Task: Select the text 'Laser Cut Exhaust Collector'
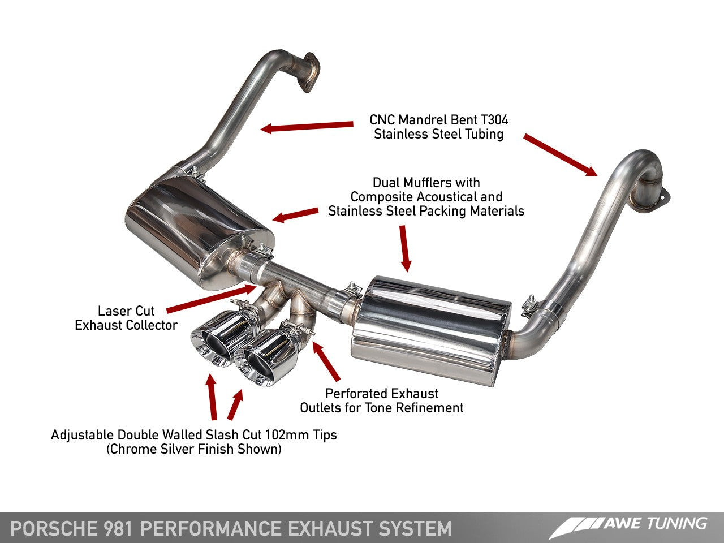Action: click(126, 318)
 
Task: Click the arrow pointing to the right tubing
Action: click(560, 154)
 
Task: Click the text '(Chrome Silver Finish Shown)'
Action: click(193, 449)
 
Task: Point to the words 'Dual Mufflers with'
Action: click(426, 183)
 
